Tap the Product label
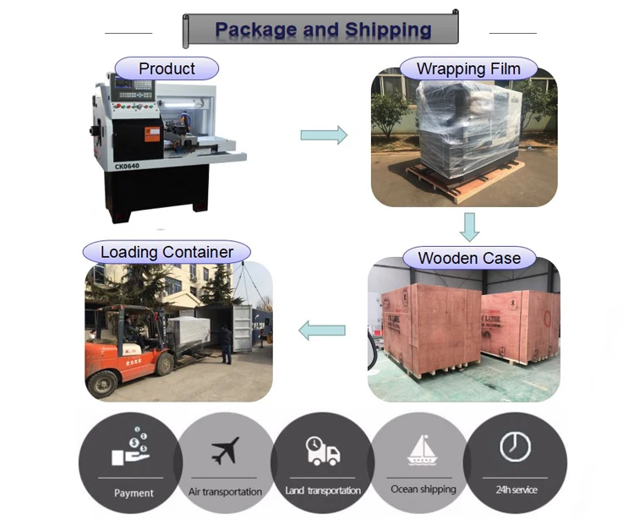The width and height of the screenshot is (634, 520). click(167, 68)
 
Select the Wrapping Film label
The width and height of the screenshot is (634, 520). click(466, 68)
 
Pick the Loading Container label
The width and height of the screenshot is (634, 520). click(167, 252)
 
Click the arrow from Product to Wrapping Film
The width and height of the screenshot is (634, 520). click(325, 134)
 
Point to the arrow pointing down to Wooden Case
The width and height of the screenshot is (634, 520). click(469, 226)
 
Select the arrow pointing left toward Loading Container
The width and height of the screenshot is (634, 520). click(322, 330)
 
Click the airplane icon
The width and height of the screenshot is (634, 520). click(225, 450)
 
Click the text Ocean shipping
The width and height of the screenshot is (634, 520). click(423, 490)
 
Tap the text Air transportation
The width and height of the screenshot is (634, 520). click(225, 491)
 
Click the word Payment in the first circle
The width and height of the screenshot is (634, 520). click(134, 493)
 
